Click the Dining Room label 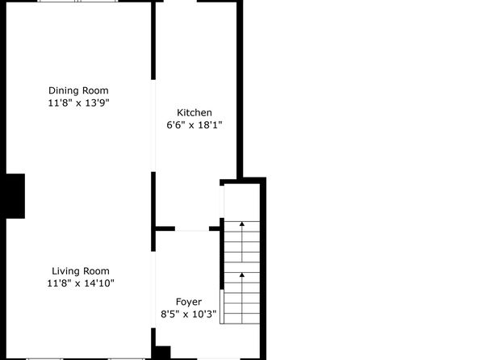78,90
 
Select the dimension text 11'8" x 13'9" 78,103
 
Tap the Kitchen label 194,113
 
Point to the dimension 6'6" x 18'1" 194,125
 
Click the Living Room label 81,271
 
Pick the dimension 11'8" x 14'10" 81,283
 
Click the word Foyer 189,302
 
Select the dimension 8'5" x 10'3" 189,314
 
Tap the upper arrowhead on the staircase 242,224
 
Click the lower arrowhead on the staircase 242,274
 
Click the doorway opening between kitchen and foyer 192,228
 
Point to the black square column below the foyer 161,353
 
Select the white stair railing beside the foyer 222,306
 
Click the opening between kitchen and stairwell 222,202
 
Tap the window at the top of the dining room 78,2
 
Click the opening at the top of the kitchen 180,2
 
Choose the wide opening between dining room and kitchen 153,126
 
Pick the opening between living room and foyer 153,290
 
